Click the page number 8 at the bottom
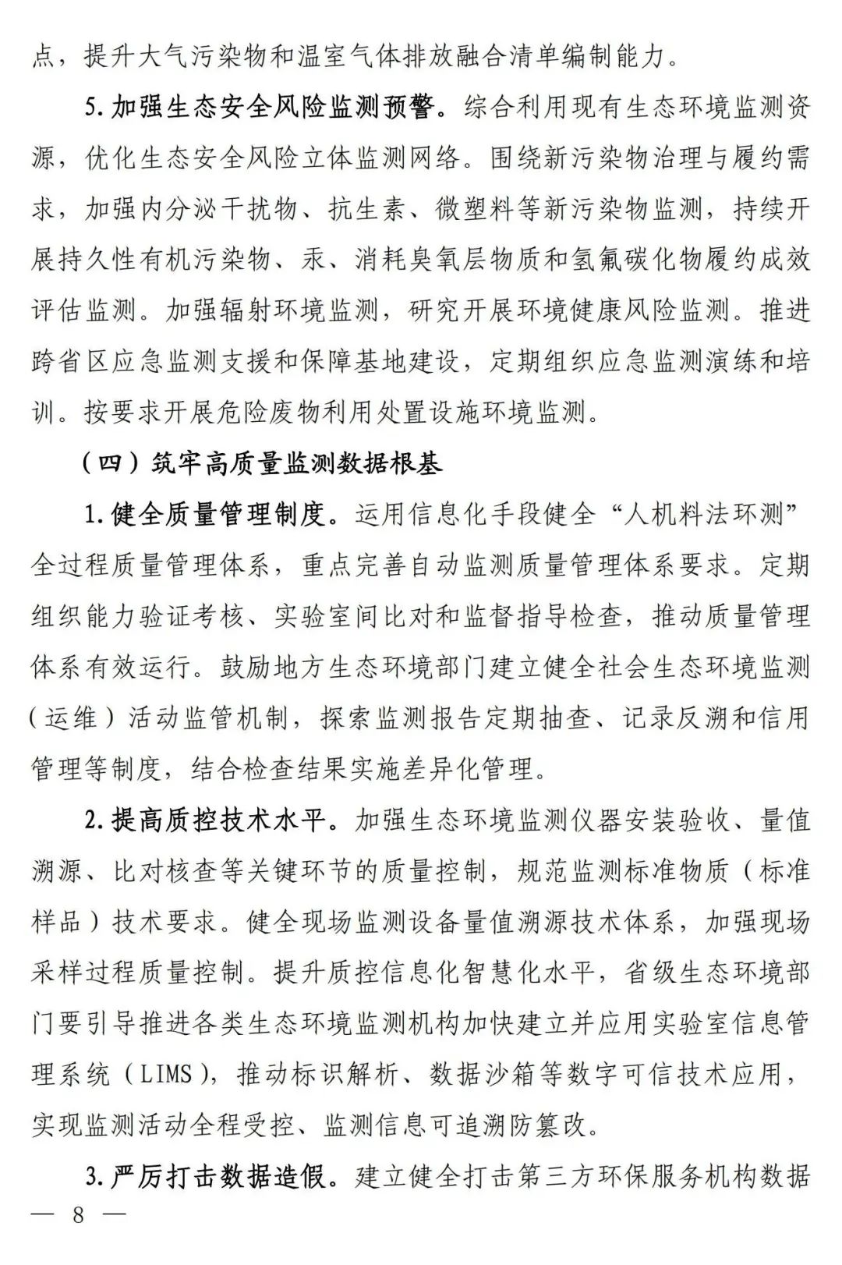(78, 1215)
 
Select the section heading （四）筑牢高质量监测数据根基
(261, 463)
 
